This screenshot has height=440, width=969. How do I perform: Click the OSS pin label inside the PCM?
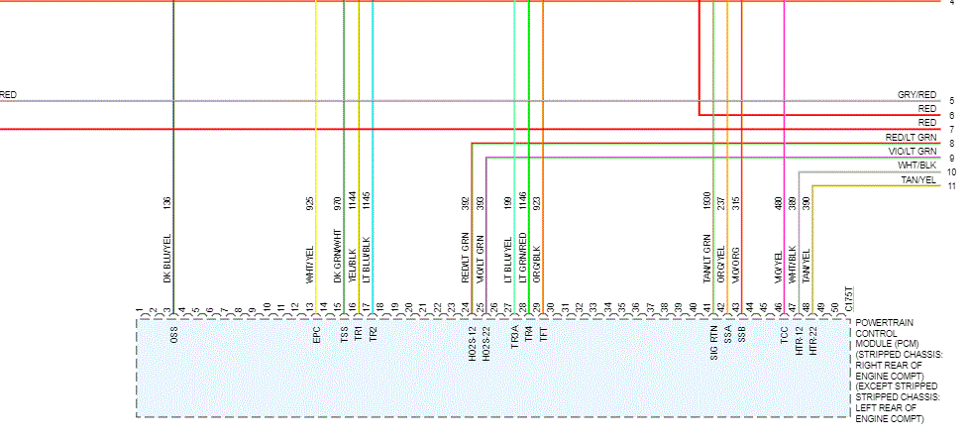(x=174, y=336)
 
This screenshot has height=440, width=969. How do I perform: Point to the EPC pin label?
(x=316, y=336)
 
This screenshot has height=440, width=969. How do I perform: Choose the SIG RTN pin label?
(x=713, y=341)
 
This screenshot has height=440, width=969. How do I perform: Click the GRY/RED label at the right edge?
(x=916, y=94)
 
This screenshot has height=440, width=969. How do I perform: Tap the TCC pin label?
(x=784, y=336)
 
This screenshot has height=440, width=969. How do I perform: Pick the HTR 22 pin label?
(x=812, y=343)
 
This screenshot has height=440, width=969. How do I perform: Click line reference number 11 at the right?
(x=951, y=186)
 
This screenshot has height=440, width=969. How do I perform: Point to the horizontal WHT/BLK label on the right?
(x=916, y=165)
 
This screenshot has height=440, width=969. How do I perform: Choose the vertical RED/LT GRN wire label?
(x=465, y=259)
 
